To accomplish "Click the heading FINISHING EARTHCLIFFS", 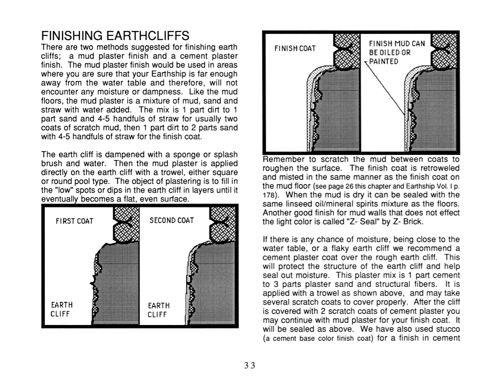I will pyautogui.click(x=116, y=36).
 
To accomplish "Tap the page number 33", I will pyautogui.click(x=248, y=366).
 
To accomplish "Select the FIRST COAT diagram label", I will pyautogui.click(x=75, y=221).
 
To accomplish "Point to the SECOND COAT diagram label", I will pyautogui.click(x=172, y=221).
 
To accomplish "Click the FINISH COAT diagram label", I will pyautogui.click(x=295, y=49).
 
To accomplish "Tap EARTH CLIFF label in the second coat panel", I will pyautogui.click(x=159, y=309).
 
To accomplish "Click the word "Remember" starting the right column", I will pyautogui.click(x=281, y=160).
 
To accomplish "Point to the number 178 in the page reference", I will pyautogui.click(x=270, y=195).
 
